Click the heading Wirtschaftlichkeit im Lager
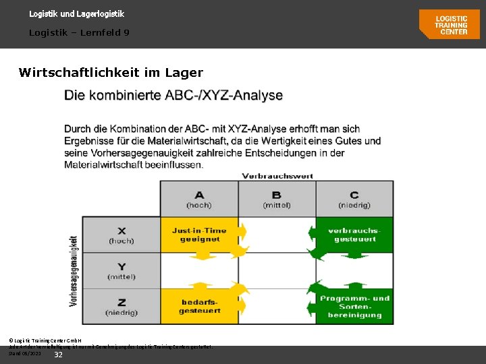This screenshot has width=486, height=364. [x=111, y=72]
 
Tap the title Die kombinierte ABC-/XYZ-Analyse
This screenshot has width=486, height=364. [x=173, y=96]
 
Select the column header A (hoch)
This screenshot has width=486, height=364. [x=199, y=199]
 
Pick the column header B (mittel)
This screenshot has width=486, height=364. [x=277, y=199]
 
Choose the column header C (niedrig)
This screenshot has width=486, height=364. [x=354, y=199]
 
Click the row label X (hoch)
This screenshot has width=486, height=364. [x=122, y=235]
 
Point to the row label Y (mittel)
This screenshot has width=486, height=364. [x=122, y=271]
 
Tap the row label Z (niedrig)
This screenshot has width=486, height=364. [x=122, y=307]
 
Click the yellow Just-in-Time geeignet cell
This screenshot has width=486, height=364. [x=199, y=235]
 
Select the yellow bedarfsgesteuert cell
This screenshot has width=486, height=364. [x=199, y=306]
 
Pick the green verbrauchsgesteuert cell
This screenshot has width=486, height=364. [x=354, y=235]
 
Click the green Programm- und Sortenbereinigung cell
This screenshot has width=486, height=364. [x=354, y=306]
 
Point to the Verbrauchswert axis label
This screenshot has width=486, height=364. [x=277, y=176]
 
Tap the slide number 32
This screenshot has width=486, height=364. [x=58, y=355]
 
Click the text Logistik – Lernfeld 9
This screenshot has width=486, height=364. [x=79, y=32]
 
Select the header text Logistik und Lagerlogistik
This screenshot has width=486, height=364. [x=76, y=13]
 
